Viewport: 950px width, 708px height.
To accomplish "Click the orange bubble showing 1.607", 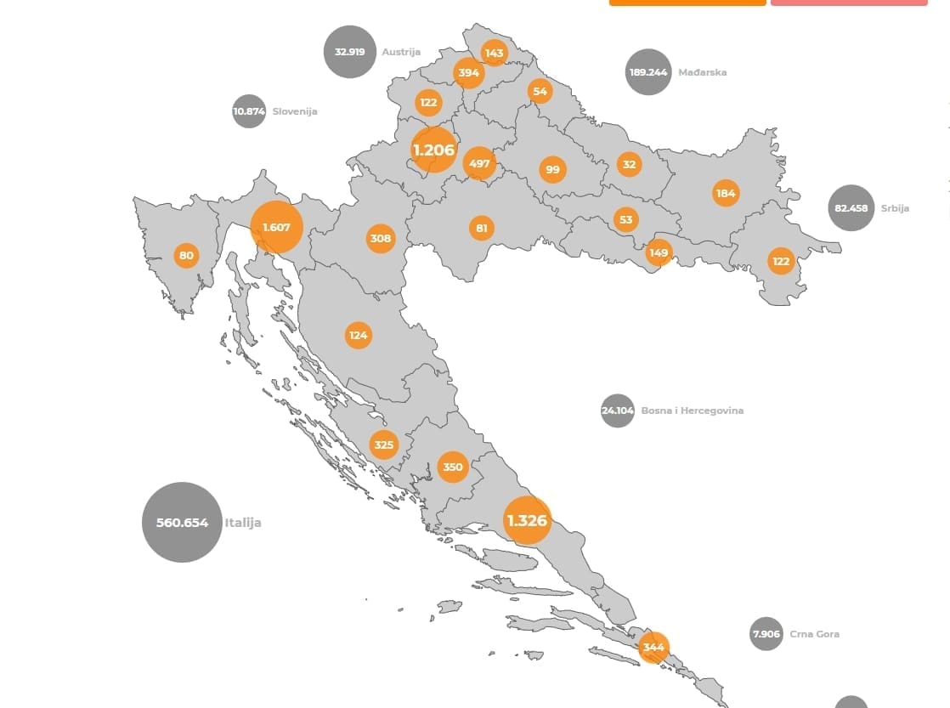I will tap(276, 228).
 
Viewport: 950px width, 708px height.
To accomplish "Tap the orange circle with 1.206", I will tap(433, 150).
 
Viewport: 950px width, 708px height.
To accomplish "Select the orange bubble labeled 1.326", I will tap(527, 519).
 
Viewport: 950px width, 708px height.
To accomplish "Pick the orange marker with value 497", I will tap(480, 163).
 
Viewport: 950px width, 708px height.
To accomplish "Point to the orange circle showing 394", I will tap(468, 73).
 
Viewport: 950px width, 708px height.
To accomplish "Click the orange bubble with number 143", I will tap(494, 53).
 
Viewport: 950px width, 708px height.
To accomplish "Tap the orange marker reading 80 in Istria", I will tap(186, 255).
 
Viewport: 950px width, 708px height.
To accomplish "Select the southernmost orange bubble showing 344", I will tap(653, 648).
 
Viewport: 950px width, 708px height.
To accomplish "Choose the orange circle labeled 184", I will tap(725, 193).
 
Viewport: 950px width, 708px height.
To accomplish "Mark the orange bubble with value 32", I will tap(629, 165).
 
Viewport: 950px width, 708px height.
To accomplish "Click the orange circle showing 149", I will tap(659, 252).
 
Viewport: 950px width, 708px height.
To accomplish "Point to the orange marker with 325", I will tap(383, 445).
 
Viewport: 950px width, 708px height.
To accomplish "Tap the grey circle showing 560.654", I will tap(182, 523).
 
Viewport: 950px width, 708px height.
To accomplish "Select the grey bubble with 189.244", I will tap(647, 72).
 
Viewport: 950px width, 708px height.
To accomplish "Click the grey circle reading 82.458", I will tap(851, 208).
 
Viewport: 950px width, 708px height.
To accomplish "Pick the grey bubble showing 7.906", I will tap(766, 634).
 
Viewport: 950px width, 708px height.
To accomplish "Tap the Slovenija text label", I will tap(295, 111).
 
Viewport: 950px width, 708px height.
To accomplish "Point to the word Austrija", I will tap(401, 52).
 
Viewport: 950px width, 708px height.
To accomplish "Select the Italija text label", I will tap(243, 523).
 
